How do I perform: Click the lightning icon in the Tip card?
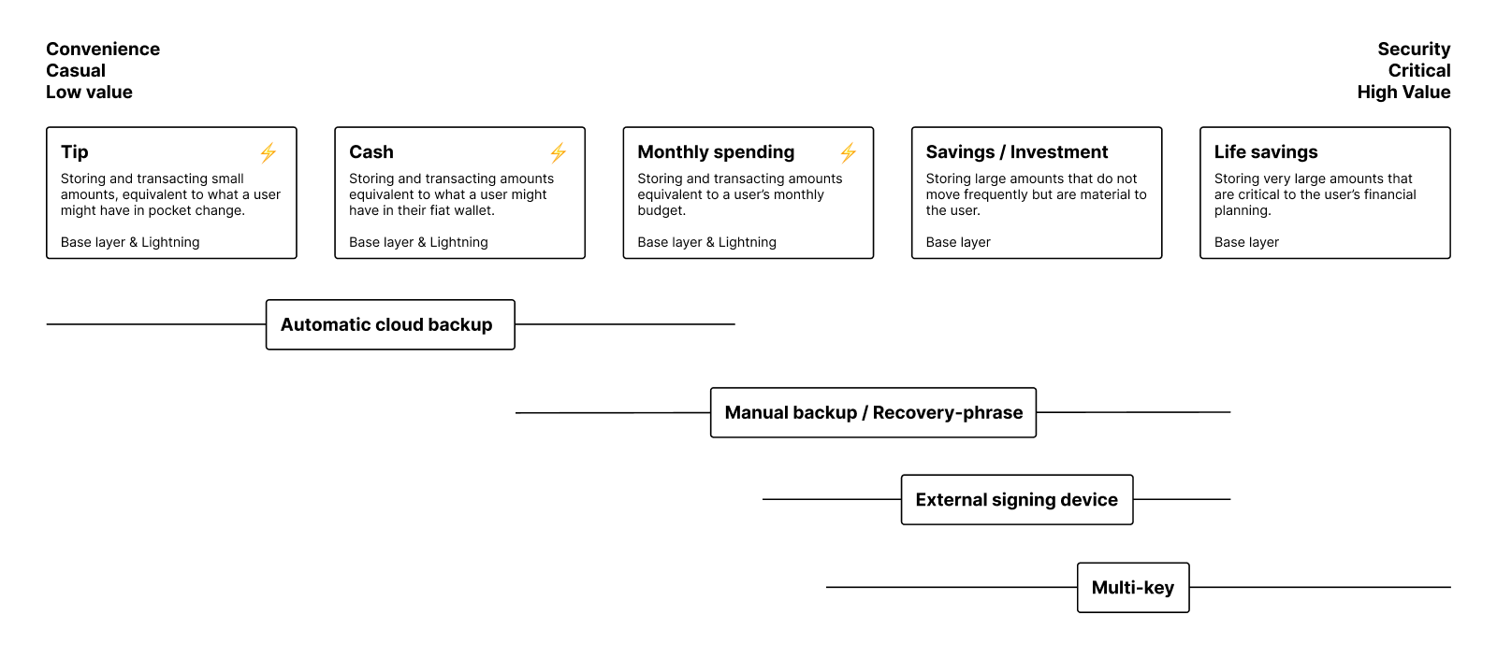point(269,152)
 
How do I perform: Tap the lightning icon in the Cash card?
point(558,152)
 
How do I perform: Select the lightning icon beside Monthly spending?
point(848,152)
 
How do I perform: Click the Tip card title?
point(75,152)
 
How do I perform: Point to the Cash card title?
point(371,152)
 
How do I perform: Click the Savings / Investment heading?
point(1016,152)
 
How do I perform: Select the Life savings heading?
point(1265,152)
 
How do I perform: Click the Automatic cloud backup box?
point(390,324)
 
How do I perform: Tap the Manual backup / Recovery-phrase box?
point(873,412)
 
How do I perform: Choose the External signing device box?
point(1017,500)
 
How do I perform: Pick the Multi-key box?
point(1133,588)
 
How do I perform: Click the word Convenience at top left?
point(103,50)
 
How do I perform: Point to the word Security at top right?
point(1414,50)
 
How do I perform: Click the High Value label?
point(1403,93)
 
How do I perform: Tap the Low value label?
point(89,93)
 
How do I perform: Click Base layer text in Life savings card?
point(1246,242)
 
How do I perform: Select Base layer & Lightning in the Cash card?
point(418,242)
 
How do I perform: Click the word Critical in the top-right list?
point(1419,71)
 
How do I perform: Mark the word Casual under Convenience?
point(76,71)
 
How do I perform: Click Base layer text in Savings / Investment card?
point(958,242)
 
